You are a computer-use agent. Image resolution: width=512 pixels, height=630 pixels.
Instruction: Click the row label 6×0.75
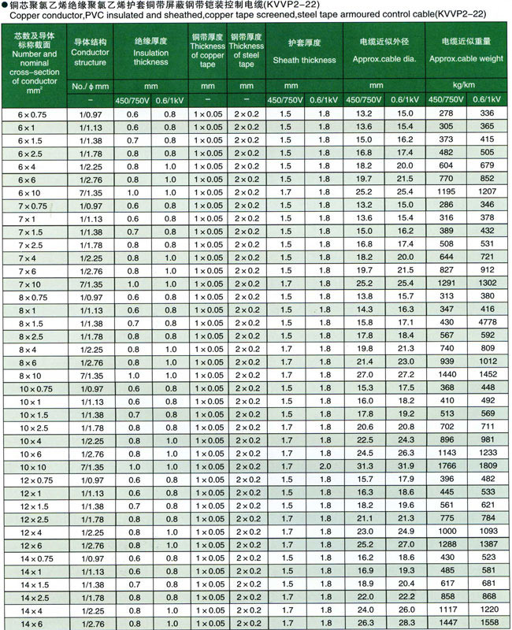click(x=32, y=114)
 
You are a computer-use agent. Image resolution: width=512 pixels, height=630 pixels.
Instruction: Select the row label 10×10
click(x=32, y=466)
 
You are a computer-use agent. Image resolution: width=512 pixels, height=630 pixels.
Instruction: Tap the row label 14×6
click(x=32, y=623)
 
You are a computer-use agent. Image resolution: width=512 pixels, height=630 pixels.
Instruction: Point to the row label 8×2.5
click(x=32, y=336)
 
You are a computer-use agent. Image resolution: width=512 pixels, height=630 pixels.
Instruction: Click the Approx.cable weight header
click(x=466, y=59)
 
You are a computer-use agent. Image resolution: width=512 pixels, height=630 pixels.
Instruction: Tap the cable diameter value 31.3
click(x=364, y=466)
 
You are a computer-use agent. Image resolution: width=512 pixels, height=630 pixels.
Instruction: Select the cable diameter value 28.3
click(x=406, y=623)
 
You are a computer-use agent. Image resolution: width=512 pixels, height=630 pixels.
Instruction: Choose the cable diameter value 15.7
click(x=364, y=480)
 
